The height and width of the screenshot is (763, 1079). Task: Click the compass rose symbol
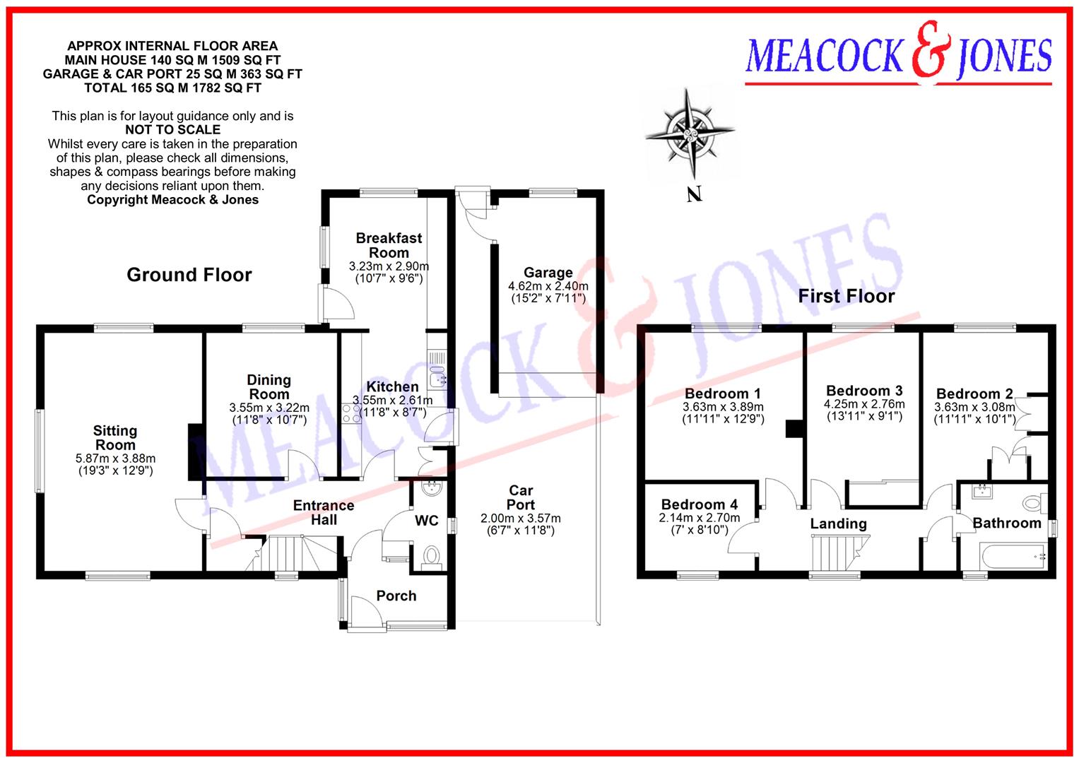pyautogui.click(x=690, y=133)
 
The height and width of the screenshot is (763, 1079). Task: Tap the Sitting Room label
pyautogui.click(x=115, y=438)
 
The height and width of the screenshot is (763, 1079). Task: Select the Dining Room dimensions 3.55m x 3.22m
pyautogui.click(x=269, y=408)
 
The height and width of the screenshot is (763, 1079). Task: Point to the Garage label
pyautogui.click(x=548, y=273)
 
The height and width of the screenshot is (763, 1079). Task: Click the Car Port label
pyautogui.click(x=521, y=497)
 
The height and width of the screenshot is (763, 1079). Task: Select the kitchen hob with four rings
pyautogui.click(x=351, y=413)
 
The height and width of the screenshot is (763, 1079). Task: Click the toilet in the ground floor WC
pyautogui.click(x=430, y=557)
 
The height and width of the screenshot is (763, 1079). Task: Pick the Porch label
pyautogui.click(x=396, y=596)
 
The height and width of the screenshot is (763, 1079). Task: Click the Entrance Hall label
pyautogui.click(x=324, y=512)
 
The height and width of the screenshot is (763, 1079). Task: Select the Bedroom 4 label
pyautogui.click(x=699, y=504)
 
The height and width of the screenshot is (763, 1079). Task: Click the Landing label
pyautogui.click(x=838, y=524)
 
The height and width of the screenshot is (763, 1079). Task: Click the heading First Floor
pyautogui.click(x=846, y=296)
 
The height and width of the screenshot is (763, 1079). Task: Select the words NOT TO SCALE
pyautogui.click(x=172, y=130)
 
